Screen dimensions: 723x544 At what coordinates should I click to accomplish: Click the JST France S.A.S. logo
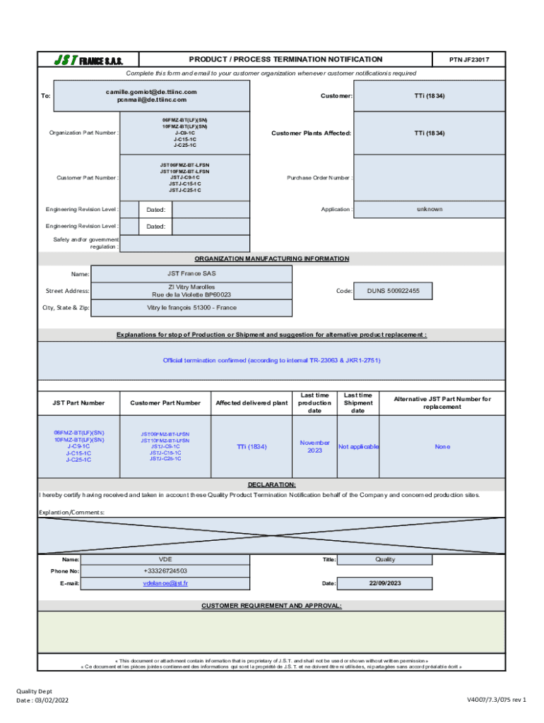click(x=88, y=60)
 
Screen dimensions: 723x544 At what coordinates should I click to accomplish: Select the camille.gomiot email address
click(x=151, y=92)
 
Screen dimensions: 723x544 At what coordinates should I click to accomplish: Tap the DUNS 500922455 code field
click(x=393, y=291)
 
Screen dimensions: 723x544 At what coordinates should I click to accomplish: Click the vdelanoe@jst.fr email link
click(x=165, y=583)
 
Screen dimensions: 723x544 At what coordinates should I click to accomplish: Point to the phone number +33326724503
click(x=165, y=570)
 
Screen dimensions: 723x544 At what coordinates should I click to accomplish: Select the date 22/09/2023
click(x=385, y=583)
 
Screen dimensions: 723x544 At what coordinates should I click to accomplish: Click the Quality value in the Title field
click(x=385, y=559)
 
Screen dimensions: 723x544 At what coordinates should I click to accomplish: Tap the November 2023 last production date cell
click(x=314, y=446)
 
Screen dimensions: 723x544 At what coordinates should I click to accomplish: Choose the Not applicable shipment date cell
click(x=358, y=446)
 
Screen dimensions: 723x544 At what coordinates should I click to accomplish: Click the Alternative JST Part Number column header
click(x=442, y=402)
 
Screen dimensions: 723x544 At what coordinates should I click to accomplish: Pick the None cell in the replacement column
click(x=442, y=446)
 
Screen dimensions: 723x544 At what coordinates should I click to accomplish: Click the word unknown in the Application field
click(x=430, y=209)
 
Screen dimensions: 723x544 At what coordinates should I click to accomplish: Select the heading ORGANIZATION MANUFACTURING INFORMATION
click(x=272, y=258)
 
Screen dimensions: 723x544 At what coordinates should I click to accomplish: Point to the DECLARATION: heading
click(x=272, y=485)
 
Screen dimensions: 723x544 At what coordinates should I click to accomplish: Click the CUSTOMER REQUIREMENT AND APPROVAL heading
click(x=272, y=606)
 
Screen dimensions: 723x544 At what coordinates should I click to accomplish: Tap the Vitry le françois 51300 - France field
click(x=191, y=308)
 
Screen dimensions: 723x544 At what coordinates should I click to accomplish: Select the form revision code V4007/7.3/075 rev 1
click(x=496, y=700)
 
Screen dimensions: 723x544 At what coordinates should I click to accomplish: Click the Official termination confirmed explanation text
click(x=272, y=360)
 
